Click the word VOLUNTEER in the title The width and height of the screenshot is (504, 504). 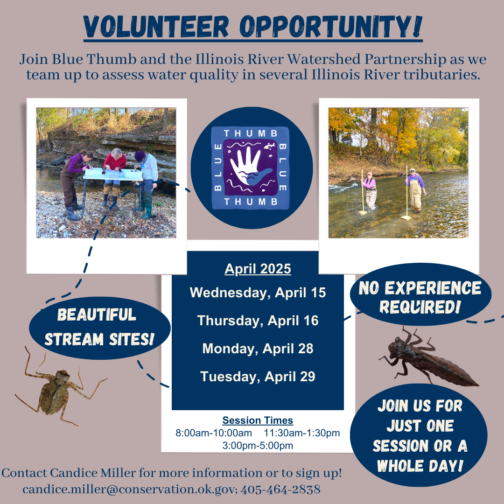[x=156, y=28]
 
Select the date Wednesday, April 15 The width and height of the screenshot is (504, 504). [x=258, y=293]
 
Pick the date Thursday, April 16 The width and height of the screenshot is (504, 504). [x=258, y=321]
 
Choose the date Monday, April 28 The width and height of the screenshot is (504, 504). [x=258, y=349]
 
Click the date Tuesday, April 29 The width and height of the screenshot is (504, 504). [x=258, y=376]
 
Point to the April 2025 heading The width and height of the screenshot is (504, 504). [x=258, y=269]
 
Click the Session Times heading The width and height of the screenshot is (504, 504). [x=258, y=420]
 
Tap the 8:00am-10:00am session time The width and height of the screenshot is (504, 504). [x=214, y=433]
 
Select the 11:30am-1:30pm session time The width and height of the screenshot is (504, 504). [x=302, y=433]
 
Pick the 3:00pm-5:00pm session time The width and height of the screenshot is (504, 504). [x=258, y=446]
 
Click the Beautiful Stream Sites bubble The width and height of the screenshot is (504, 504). [x=99, y=327]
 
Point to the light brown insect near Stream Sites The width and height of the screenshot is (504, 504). [x=56, y=392]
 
